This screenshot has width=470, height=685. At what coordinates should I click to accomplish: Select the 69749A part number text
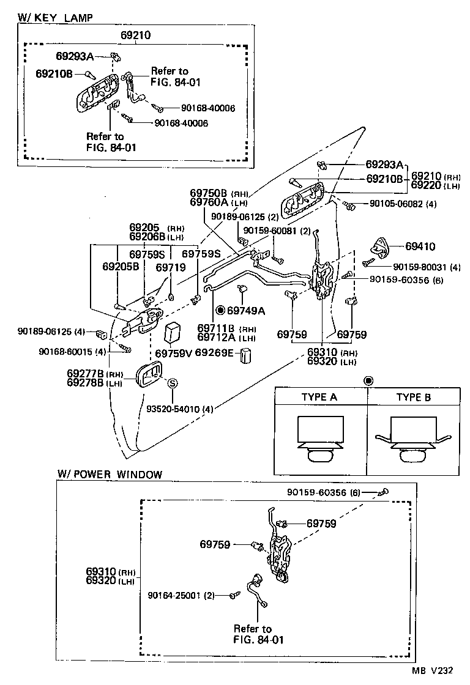(245, 311)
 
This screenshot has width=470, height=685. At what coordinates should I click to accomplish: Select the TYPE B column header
(413, 397)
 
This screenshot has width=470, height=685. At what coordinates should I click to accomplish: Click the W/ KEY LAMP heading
(56, 18)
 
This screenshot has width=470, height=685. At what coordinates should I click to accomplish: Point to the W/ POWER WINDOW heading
(110, 474)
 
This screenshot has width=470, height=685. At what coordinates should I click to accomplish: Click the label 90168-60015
(64, 351)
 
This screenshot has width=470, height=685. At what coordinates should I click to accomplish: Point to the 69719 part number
(170, 267)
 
